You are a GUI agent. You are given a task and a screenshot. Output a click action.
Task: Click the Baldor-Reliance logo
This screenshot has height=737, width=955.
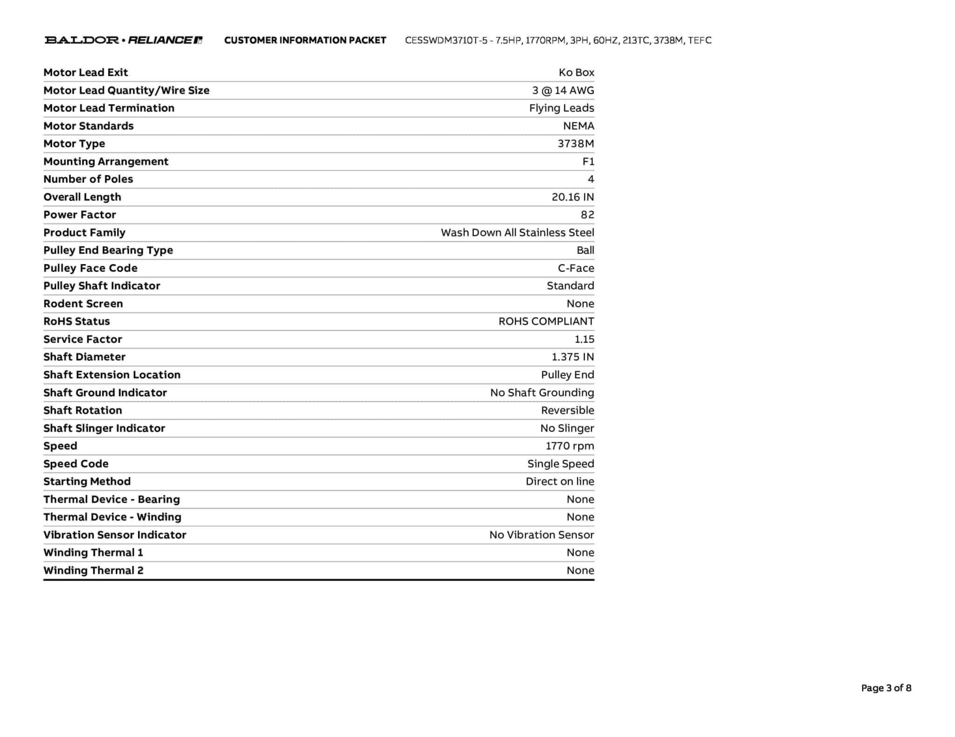pos(123,40)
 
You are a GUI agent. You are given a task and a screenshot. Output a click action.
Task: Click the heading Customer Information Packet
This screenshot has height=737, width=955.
pos(305,41)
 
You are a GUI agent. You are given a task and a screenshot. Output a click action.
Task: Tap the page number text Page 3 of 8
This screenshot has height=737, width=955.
pos(886,688)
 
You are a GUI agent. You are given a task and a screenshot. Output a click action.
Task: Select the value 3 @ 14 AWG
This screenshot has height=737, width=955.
pos(563,90)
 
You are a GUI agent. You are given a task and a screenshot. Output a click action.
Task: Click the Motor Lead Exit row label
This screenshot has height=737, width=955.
pos(85,72)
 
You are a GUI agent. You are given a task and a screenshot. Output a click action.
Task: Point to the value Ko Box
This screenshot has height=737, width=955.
pos(576,72)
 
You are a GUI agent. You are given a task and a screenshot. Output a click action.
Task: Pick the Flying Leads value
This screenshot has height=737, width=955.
pos(561,108)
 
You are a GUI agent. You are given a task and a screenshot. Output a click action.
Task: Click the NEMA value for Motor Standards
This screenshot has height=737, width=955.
pos(578,126)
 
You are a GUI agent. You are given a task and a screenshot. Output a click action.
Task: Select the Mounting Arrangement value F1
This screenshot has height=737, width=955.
pos(588,161)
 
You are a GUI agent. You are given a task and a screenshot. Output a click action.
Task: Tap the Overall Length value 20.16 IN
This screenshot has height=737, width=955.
pos(573,197)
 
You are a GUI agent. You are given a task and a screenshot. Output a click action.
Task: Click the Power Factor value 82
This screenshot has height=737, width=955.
pos(587,215)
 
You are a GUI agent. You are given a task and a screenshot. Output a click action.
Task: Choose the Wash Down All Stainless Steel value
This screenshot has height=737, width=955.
pos(517,232)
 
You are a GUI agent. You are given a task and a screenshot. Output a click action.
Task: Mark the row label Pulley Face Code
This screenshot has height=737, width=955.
pos(90,268)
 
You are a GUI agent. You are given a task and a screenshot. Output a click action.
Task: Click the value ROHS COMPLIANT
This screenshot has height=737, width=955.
pos(546,321)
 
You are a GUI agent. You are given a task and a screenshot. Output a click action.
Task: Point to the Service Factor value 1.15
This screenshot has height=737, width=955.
pos(584,339)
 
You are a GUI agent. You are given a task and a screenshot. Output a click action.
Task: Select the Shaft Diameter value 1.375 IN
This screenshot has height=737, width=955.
pos(573,357)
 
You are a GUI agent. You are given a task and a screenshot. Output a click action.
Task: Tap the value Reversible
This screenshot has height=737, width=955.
pos(567,410)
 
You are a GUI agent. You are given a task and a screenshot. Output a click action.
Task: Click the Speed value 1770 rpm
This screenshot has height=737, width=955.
pos(570,446)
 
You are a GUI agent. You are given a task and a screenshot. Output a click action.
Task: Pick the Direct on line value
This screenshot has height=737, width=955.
pos(560,481)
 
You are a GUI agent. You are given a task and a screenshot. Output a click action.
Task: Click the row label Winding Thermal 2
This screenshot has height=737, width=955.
pos(93,570)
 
